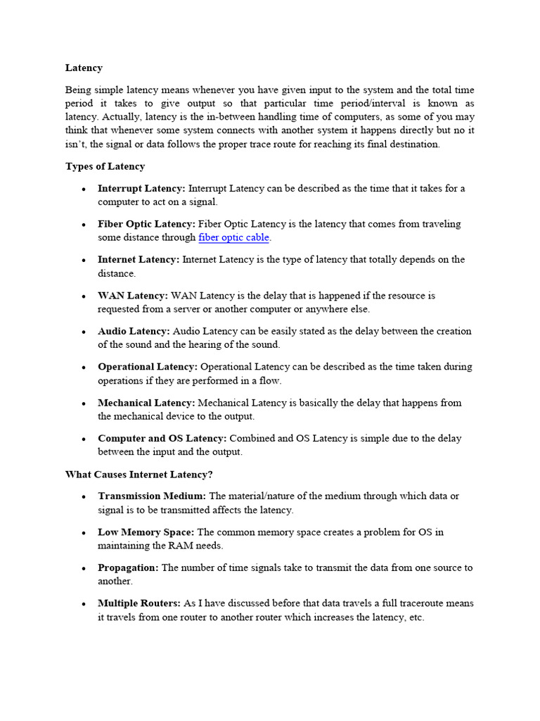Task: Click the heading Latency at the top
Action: pyautogui.click(x=84, y=68)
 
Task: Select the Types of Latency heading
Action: pyautogui.click(x=105, y=167)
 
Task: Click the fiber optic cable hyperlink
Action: pyautogui.click(x=234, y=238)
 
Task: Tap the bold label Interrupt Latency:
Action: pyautogui.click(x=141, y=189)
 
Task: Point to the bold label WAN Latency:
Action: pyautogui.click(x=133, y=296)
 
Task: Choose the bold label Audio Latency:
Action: pyautogui.click(x=134, y=331)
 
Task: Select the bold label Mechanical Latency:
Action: pyautogui.click(x=146, y=403)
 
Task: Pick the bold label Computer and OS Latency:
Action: pyautogui.click(x=162, y=439)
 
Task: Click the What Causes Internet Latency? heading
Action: pyautogui.click(x=139, y=475)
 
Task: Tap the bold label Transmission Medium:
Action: pyautogui.click(x=152, y=496)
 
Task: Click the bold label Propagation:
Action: pyautogui.click(x=128, y=568)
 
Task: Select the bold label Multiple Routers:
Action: pyautogui.click(x=139, y=603)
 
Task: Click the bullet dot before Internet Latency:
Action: pyautogui.click(x=83, y=261)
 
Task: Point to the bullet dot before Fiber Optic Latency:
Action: pyautogui.click(x=83, y=225)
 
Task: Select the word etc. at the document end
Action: pyautogui.click(x=415, y=617)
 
